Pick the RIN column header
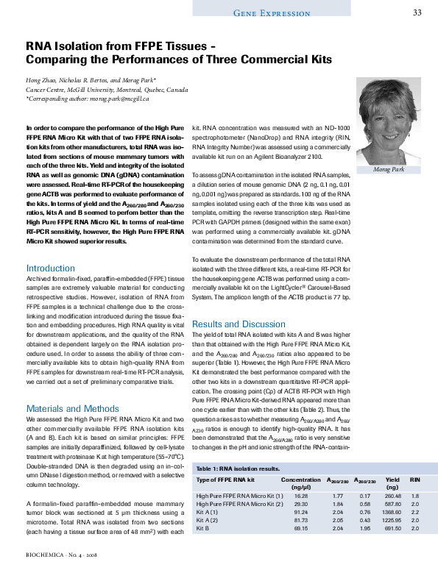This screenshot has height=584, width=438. pos(414,480)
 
